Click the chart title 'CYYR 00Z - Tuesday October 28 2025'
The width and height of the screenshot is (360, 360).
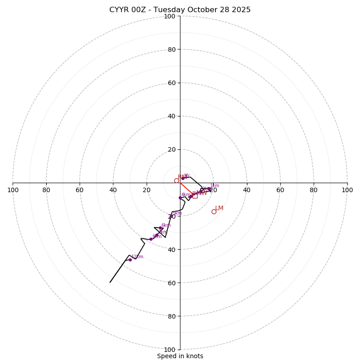click(x=180, y=10)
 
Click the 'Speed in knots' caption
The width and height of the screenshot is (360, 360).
click(x=180, y=356)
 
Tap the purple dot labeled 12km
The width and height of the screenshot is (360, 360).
click(x=130, y=260)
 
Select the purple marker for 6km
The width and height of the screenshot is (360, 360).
click(x=160, y=228)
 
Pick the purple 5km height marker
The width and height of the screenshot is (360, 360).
click(x=171, y=216)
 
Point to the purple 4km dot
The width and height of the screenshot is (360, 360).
click(x=180, y=198)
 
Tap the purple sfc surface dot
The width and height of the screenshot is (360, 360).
click(x=183, y=178)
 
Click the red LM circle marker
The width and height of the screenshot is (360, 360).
click(x=214, y=211)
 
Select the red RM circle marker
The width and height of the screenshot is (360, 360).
click(x=176, y=180)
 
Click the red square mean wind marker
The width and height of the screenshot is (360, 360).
click(x=195, y=196)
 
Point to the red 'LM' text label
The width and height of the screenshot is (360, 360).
click(x=219, y=208)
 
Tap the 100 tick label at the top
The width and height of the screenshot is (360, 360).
click(x=170, y=16)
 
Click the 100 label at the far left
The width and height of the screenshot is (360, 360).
click(x=13, y=190)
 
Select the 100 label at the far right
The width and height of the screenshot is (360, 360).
click(x=347, y=190)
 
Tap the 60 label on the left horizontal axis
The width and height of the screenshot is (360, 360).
click(x=80, y=190)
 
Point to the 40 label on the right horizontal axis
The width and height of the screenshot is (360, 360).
click(x=247, y=190)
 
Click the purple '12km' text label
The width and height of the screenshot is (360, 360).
click(x=137, y=256)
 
